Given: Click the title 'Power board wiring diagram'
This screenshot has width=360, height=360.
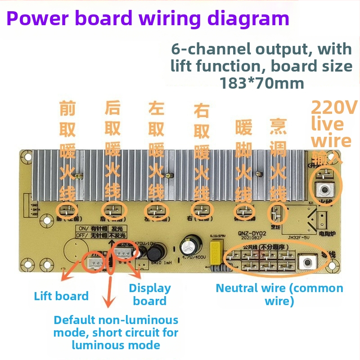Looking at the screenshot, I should pyautogui.click(x=148, y=18).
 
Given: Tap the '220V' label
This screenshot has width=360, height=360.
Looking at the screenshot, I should pyautogui.click(x=334, y=108).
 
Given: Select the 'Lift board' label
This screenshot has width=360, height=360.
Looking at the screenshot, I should pyautogui.click(x=61, y=296).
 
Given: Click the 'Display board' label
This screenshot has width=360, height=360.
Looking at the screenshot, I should pyautogui.click(x=150, y=295).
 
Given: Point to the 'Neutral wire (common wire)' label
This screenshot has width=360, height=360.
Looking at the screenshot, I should pyautogui.click(x=279, y=294).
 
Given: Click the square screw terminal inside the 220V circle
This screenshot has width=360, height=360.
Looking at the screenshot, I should pyautogui.click(x=323, y=190).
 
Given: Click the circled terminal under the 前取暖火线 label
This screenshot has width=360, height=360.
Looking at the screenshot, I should pyautogui.click(x=66, y=209).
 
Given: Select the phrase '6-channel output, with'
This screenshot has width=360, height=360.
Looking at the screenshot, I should pyautogui.click(x=261, y=49).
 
